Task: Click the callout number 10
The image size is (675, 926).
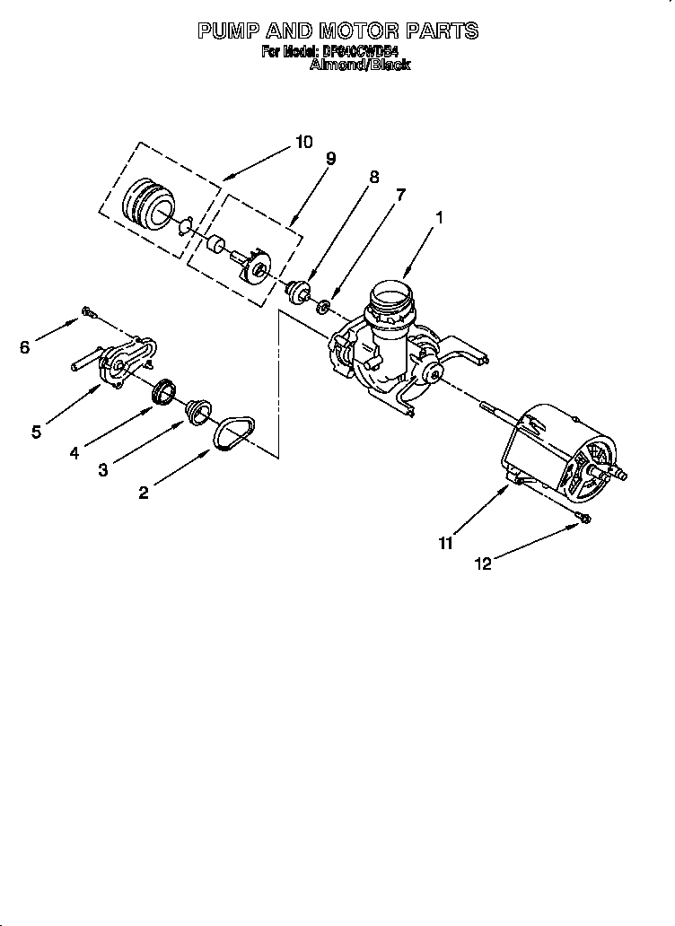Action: point(303,141)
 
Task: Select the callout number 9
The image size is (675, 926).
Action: point(331,159)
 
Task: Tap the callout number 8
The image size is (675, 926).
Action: point(373,177)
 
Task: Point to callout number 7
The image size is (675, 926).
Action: point(400,195)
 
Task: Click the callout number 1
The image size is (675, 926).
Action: point(440,216)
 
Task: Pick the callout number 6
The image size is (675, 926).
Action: point(24,346)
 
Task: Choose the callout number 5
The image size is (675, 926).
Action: point(36,432)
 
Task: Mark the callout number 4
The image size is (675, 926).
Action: point(75,452)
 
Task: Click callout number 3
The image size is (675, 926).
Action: point(104,470)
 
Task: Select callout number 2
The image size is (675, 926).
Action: point(143,492)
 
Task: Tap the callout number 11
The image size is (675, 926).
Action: point(446,542)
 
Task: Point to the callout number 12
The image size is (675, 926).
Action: point(484,563)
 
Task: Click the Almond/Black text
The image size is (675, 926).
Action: point(359,65)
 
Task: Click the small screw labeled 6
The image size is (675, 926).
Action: point(88,311)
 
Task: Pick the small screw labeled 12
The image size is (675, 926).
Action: point(583,519)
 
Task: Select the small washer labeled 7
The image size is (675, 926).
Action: point(322,307)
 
